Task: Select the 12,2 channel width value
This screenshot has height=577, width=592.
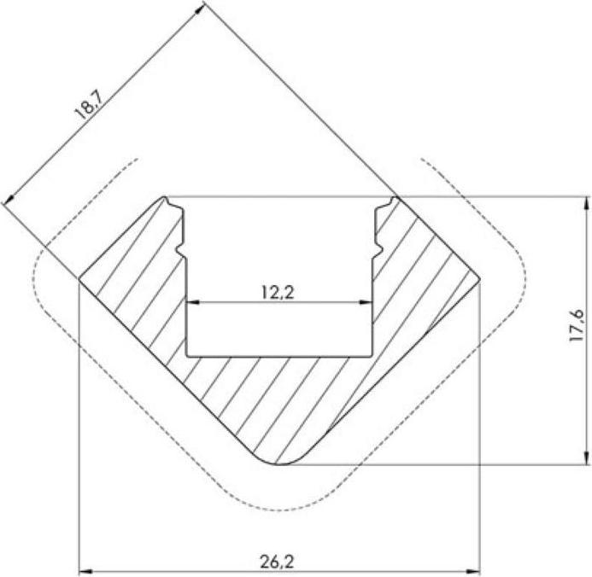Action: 279,291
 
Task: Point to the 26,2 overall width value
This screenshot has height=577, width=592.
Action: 278,562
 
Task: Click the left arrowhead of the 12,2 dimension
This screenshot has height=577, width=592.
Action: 191,302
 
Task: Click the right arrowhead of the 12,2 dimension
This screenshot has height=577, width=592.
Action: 369,302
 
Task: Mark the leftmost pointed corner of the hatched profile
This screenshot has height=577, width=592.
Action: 79,278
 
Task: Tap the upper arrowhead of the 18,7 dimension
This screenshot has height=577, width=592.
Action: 202,8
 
